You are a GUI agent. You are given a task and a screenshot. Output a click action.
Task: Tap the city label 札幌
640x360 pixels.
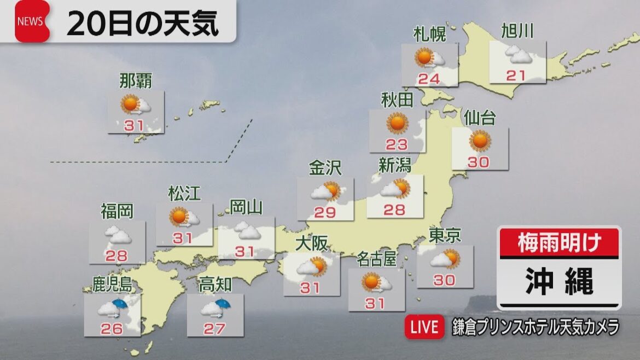tap(429, 34)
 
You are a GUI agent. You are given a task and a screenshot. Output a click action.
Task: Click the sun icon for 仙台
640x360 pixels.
tap(480, 141)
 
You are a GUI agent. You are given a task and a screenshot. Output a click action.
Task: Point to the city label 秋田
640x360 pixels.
tap(397, 100)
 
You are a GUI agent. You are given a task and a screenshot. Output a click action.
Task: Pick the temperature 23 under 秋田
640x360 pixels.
tap(397, 144)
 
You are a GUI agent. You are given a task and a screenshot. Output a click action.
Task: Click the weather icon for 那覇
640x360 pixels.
tap(134, 104)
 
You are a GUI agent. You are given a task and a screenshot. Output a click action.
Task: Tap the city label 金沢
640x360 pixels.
tap(325, 168)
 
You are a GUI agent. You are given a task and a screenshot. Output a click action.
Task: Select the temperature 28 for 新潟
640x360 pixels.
tap(394, 209)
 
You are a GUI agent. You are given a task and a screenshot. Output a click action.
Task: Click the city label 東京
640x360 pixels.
tap(444, 235)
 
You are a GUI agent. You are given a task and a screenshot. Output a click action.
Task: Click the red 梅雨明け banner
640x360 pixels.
tap(559, 242)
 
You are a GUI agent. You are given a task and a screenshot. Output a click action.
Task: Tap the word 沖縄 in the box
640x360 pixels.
tap(559, 282)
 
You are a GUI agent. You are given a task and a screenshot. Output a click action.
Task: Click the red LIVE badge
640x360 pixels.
tap(424, 327)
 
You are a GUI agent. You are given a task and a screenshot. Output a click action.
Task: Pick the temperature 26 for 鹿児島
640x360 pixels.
tap(112, 328)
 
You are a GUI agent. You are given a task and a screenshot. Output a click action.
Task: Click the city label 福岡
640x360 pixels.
tap(117, 211)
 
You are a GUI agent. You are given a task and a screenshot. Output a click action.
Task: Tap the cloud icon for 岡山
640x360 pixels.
tap(247, 231)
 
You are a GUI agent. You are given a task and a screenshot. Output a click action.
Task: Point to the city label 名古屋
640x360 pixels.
tap(376, 259)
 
